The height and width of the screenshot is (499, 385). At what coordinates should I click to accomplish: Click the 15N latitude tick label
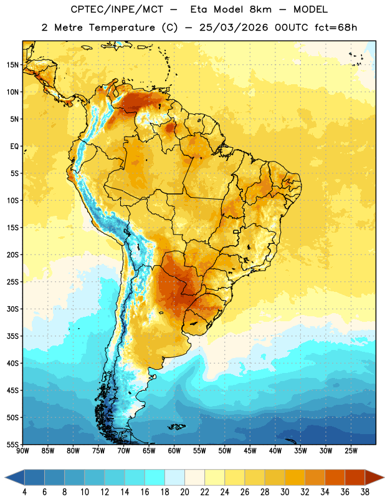click(x=12, y=65)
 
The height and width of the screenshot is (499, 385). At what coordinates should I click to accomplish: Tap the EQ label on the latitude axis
click(x=14, y=147)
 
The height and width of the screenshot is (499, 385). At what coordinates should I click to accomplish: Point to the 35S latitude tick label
click(x=12, y=336)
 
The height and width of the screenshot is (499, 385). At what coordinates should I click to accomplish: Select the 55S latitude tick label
click(x=12, y=444)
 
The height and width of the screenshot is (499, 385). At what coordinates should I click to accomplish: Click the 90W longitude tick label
click(x=22, y=451)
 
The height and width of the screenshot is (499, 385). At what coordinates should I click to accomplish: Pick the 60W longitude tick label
click(x=174, y=451)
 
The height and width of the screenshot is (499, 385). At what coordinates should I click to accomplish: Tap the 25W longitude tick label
click(x=351, y=451)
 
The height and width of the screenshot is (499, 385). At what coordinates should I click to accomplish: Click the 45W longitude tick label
click(x=250, y=451)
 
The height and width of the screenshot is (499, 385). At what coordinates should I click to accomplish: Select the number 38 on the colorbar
click(x=364, y=492)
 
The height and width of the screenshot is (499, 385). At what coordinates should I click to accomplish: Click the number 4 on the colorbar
click(x=24, y=492)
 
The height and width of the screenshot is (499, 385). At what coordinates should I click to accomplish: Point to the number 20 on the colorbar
click(x=184, y=492)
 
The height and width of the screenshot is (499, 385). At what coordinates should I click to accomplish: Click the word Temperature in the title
click(x=121, y=27)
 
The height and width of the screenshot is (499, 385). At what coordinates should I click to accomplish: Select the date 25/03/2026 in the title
click(x=234, y=27)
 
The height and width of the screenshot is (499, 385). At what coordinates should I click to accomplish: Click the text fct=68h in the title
click(x=336, y=27)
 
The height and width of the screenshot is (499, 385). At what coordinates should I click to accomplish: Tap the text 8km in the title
click(x=260, y=9)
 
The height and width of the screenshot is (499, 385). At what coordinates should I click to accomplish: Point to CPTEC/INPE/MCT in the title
click(x=116, y=9)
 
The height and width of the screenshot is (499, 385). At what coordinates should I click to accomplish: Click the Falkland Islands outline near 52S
click(x=176, y=427)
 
